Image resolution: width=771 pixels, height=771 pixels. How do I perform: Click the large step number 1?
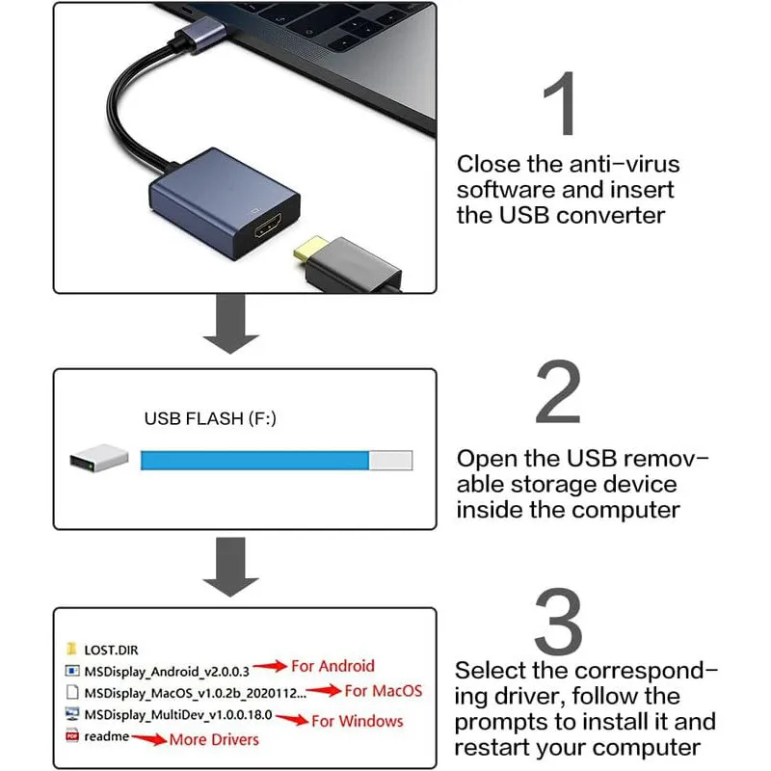pos(559,103)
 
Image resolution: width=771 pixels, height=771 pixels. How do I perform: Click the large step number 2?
pos(559,393)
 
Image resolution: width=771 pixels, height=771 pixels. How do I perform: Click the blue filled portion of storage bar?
pos(254,461)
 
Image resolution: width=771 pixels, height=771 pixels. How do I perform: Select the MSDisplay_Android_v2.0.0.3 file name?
pos(167,670)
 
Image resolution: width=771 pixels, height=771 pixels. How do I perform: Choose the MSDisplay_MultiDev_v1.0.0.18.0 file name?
pos(179,716)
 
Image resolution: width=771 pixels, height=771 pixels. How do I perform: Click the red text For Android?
pos(332,666)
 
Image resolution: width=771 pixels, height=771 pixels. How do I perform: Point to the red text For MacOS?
pos(383,690)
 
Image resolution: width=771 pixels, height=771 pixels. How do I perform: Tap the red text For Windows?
pos(358,720)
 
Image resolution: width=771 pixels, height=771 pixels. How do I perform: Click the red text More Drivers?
pos(214,739)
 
